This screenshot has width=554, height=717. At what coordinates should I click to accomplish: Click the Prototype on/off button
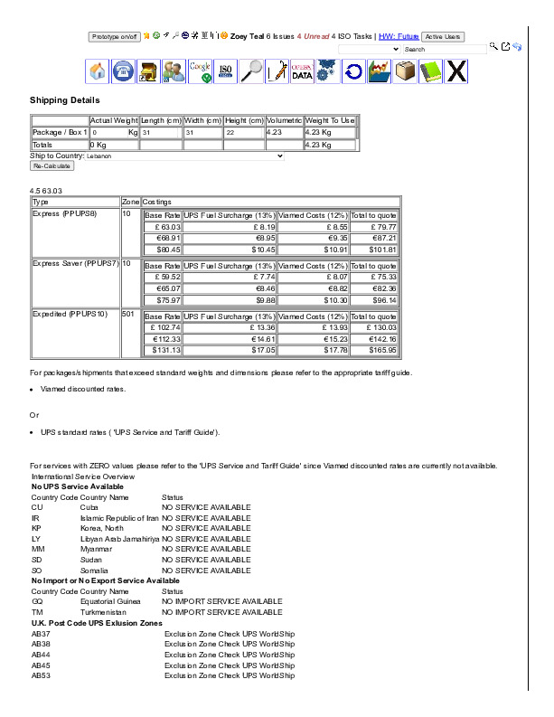coord(114,37)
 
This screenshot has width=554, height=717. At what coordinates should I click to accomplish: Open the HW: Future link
coord(398,37)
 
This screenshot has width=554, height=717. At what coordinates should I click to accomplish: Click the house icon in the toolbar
coord(98,71)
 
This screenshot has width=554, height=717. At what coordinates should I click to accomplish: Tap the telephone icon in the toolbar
coord(123,71)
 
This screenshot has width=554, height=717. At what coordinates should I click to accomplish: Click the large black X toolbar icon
coord(457,71)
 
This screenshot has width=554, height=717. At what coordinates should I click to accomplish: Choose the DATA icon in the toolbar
coord(302,71)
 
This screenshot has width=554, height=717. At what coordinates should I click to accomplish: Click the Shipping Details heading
coord(64,100)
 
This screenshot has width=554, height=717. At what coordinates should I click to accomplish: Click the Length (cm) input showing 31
coord(161,132)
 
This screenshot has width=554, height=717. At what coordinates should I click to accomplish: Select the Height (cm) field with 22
coord(243,132)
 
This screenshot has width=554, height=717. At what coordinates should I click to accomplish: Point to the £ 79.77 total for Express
coord(374,227)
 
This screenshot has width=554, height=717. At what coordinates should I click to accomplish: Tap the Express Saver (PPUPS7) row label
coord(76,263)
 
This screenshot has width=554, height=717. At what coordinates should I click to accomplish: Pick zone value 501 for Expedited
coord(128,315)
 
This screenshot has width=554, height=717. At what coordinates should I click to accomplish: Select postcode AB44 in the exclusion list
coord(41,654)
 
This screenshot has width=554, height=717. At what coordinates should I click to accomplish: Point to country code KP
coord(36,528)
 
